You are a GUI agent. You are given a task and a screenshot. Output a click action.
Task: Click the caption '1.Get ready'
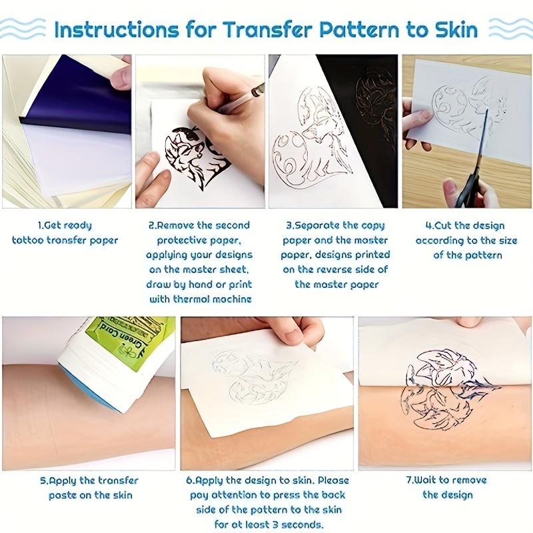pos(65,225)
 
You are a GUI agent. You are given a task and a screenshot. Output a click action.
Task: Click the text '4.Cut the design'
pos(465,225)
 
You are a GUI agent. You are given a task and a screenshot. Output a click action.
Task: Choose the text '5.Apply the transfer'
pos(89,480)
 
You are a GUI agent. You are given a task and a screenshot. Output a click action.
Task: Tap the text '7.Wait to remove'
pos(446,480)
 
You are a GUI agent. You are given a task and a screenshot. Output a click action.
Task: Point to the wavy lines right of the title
pos(510,29)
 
